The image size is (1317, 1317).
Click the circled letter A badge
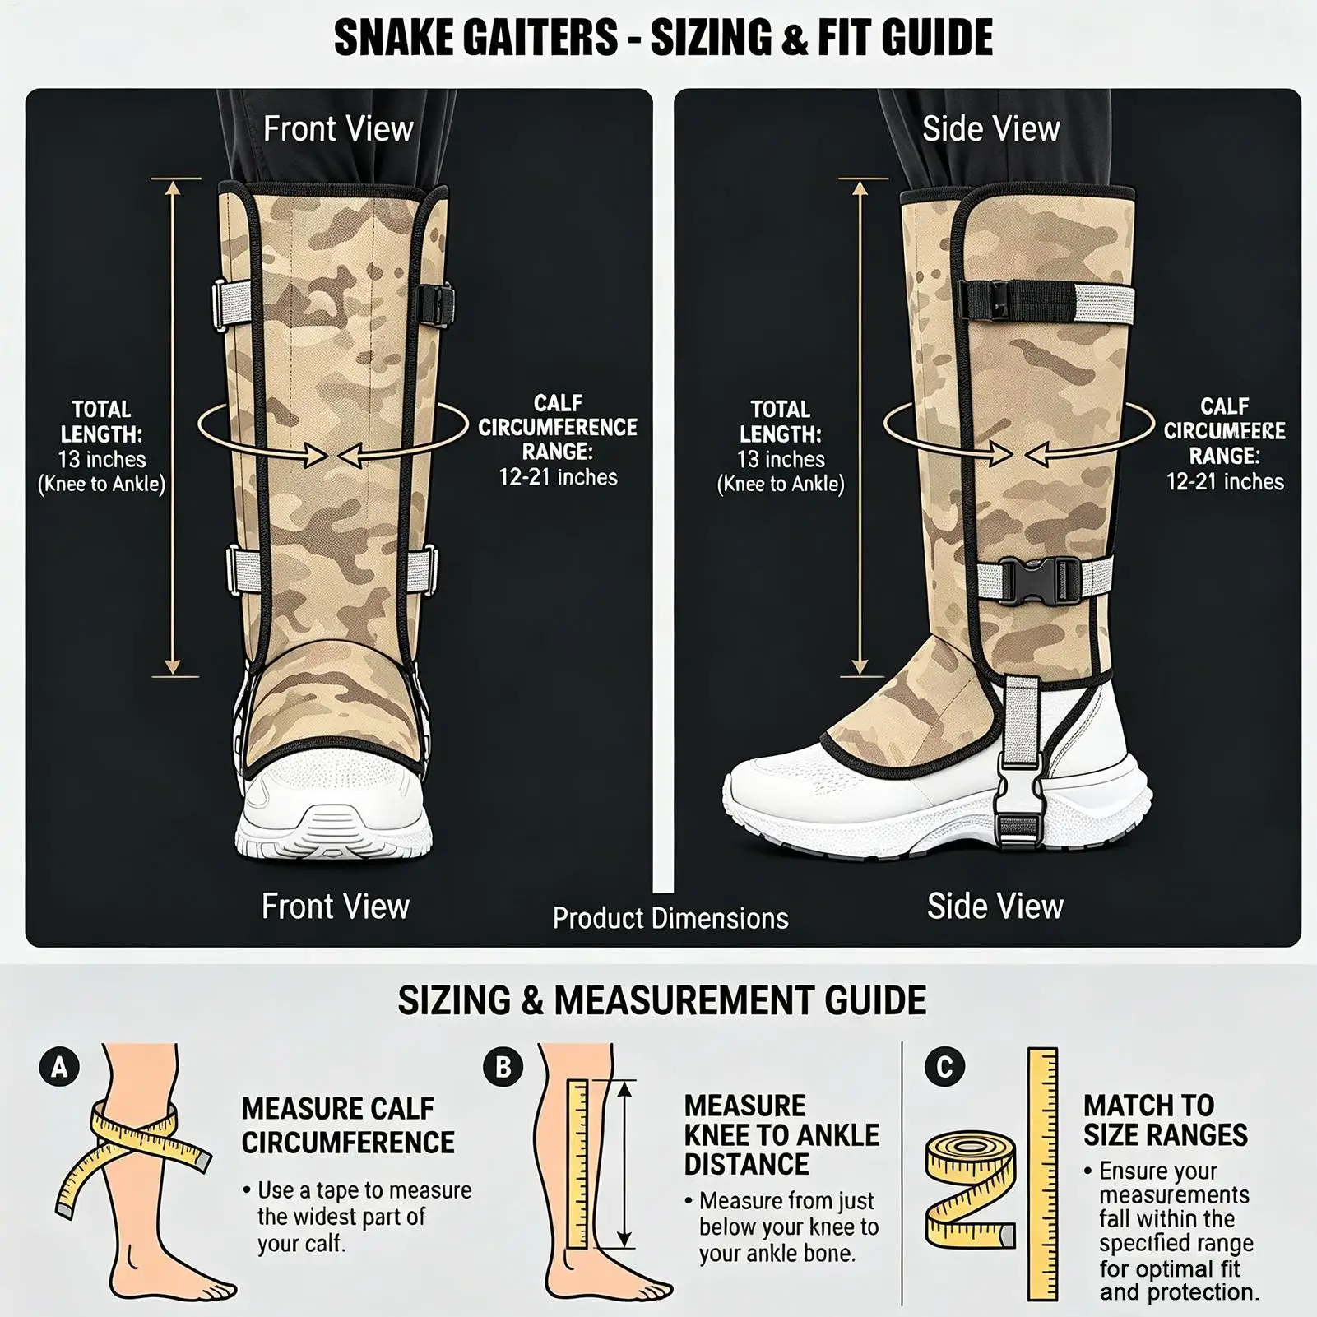59,1067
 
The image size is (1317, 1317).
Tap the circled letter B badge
503,1067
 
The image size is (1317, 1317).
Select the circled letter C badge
944,1067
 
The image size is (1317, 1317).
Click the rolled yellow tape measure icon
972,1188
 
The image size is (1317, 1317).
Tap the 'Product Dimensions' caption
670,918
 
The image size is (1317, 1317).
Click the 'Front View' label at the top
338,129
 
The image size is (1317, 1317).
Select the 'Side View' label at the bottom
995,906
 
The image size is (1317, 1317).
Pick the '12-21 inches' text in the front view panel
558,477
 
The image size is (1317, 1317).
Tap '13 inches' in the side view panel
781,459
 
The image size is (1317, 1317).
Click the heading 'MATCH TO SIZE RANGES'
1166,1120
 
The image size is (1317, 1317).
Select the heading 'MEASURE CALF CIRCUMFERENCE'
348,1125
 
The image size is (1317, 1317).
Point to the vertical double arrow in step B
624,1163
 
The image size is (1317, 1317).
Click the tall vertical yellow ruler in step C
1043,1175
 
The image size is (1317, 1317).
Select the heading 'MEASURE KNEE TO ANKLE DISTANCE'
781,1134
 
